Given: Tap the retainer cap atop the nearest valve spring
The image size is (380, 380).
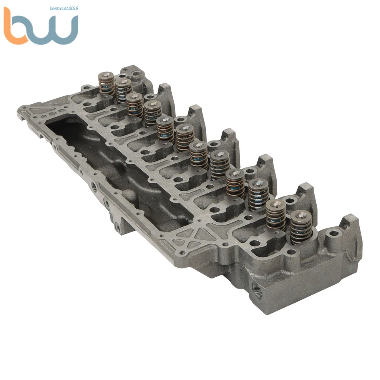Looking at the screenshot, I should (301, 216).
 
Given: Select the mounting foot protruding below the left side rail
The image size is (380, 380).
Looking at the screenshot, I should (119, 226).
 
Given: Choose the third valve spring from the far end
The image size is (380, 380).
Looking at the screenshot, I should (135, 105).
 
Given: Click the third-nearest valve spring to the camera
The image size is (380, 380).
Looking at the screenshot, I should (259, 194).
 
